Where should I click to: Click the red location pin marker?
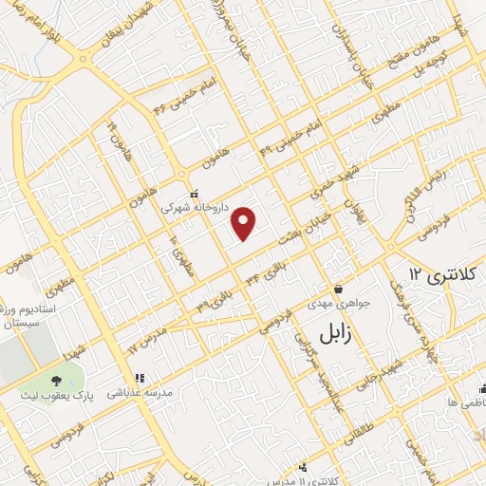[245, 222]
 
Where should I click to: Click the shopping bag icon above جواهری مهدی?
[338, 290]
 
